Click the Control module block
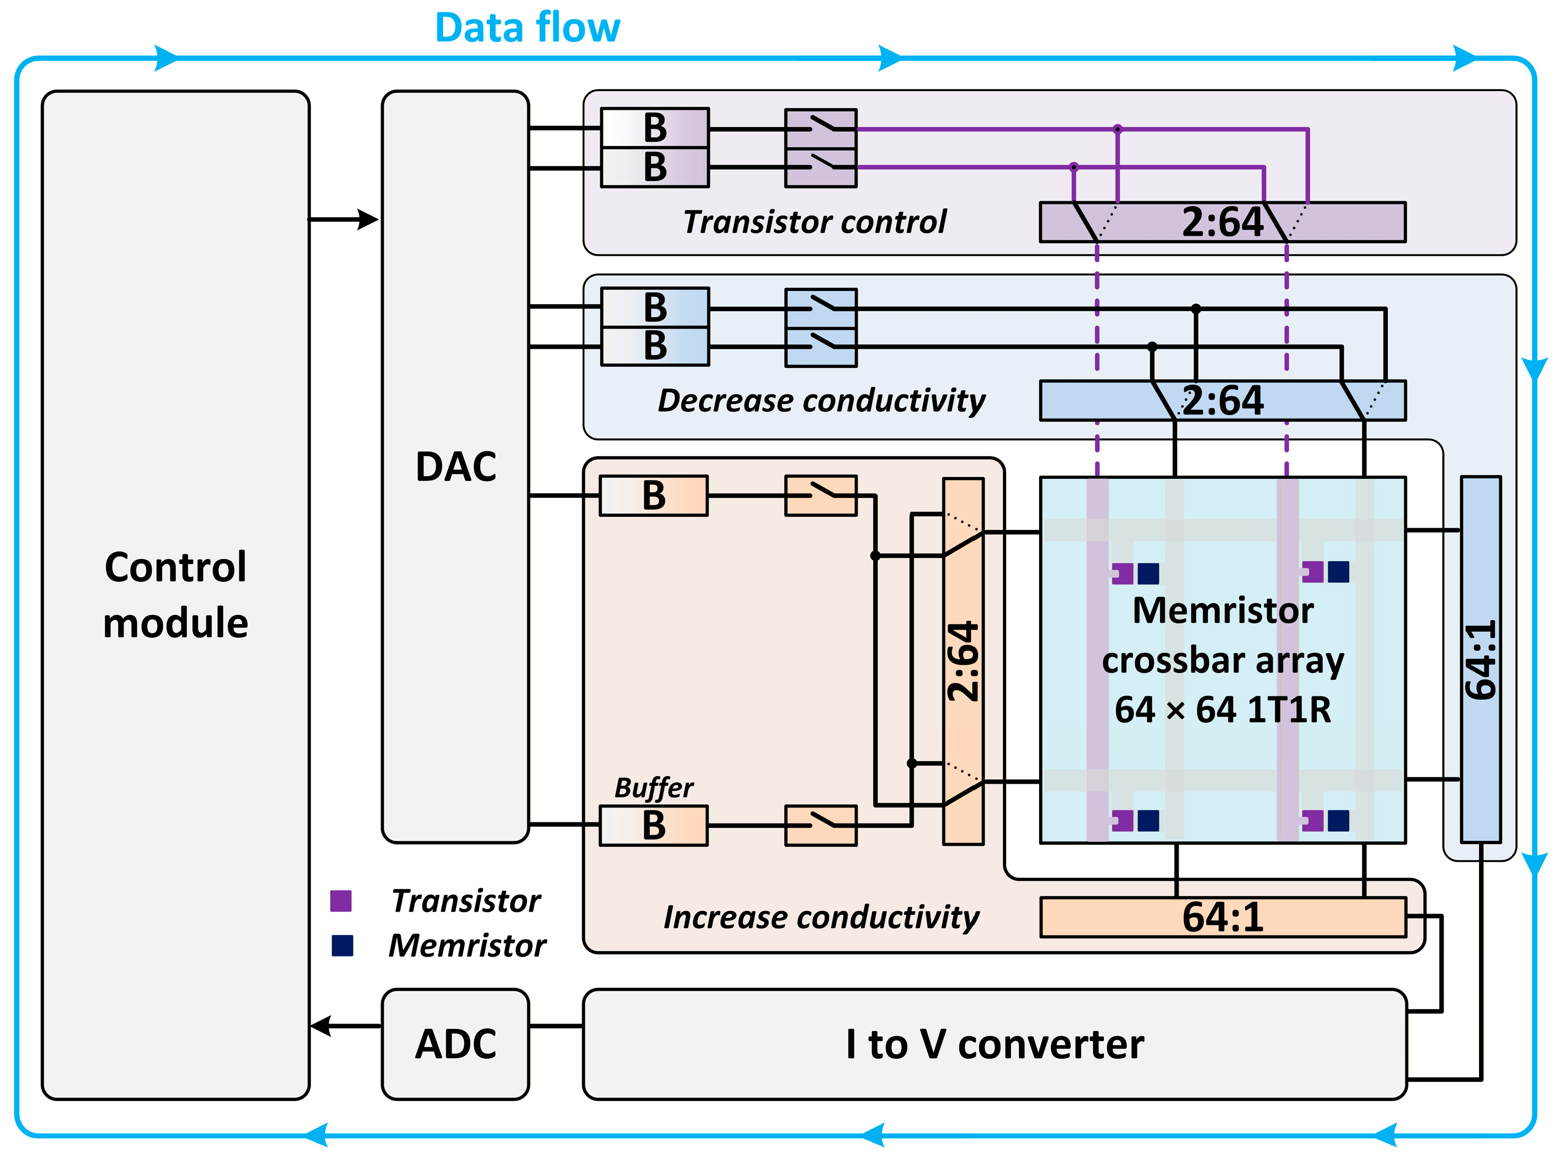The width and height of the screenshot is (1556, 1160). click(x=176, y=595)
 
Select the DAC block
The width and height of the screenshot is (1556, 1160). click(x=455, y=466)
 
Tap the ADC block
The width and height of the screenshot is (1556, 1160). click(x=455, y=1044)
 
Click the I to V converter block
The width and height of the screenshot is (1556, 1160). click(x=995, y=1044)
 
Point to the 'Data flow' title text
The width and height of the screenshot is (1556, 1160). click(x=528, y=28)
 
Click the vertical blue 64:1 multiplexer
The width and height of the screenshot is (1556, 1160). click(x=1481, y=659)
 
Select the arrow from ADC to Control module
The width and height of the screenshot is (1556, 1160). click(x=346, y=1026)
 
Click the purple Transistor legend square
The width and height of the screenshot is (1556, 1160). click(x=341, y=901)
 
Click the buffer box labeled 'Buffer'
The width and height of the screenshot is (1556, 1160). click(x=653, y=825)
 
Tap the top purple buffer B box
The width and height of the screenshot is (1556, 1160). click(x=655, y=128)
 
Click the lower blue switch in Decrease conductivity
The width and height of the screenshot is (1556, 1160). click(x=821, y=347)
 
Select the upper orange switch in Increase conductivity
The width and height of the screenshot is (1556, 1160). click(x=821, y=496)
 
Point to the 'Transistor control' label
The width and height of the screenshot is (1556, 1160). click(x=815, y=222)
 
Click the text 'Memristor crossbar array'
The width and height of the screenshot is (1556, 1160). click(x=1223, y=635)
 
